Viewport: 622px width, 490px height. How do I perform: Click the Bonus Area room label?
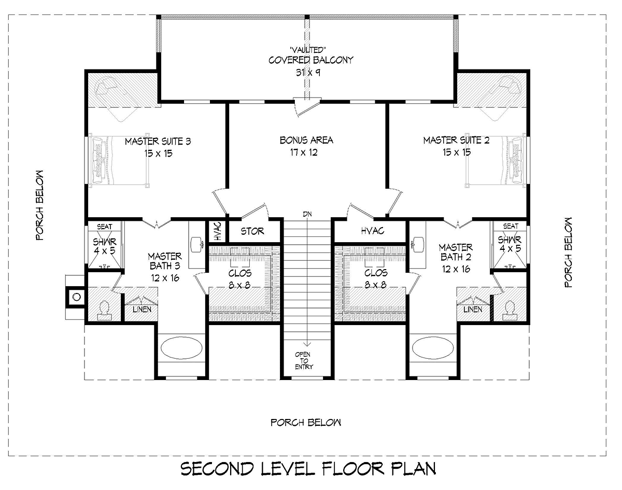click(306, 141)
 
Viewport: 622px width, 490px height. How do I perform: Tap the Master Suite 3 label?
click(158, 142)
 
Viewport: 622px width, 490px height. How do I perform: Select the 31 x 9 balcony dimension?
click(308, 72)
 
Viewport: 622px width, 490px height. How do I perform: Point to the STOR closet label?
click(252, 231)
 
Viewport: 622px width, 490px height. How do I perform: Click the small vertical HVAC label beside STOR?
click(218, 231)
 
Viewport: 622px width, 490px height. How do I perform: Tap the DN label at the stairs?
click(307, 214)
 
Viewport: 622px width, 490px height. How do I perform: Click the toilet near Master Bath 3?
click(104, 311)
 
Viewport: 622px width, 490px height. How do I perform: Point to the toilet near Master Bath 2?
click(510, 311)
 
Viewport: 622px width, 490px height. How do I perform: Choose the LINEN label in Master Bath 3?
click(142, 310)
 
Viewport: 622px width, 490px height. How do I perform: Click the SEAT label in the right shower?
click(511, 226)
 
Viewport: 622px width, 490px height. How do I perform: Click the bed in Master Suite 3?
click(119, 160)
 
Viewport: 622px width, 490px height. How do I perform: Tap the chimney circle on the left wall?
click(77, 297)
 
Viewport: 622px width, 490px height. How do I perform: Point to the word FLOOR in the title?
click(352, 469)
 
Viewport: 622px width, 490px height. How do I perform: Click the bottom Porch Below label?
click(305, 423)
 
